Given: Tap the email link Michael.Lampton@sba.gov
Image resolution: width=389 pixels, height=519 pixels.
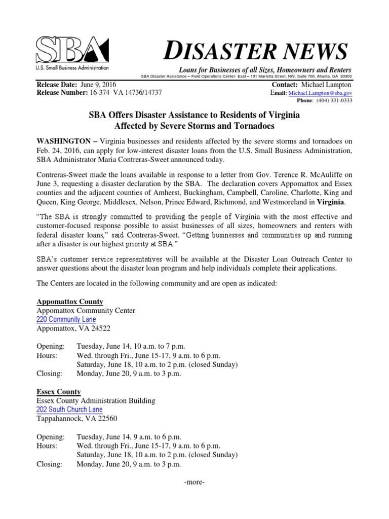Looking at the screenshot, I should [321, 94].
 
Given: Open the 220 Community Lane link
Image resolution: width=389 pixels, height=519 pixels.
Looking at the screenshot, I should [66, 319].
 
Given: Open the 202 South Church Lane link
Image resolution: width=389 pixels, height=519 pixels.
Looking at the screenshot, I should [69, 410].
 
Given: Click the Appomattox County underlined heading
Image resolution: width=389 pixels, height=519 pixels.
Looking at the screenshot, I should [69, 302].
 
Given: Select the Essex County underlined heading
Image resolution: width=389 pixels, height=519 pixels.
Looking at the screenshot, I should [58, 392].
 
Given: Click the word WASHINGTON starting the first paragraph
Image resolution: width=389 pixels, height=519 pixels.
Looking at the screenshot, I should [64, 140].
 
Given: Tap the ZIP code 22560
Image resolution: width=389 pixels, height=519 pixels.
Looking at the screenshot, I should [100, 419].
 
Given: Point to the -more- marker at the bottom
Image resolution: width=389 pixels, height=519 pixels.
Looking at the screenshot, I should [194, 482].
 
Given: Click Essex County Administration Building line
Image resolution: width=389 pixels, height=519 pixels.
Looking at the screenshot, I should [96, 401].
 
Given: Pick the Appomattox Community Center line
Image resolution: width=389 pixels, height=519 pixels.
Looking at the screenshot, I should [86, 311].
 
